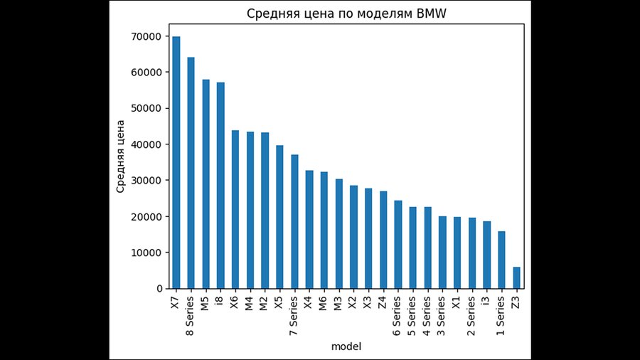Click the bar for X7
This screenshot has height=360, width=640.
(176, 162)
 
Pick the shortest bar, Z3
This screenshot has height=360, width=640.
(516, 277)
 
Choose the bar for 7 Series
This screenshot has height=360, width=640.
(294, 221)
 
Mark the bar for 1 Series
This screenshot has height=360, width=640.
(501, 260)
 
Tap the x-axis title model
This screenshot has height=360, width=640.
(346, 346)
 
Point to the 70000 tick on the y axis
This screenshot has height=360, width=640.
(147, 36)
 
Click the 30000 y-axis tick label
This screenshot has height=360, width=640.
(147, 181)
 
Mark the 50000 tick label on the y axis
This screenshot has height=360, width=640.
(147, 108)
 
